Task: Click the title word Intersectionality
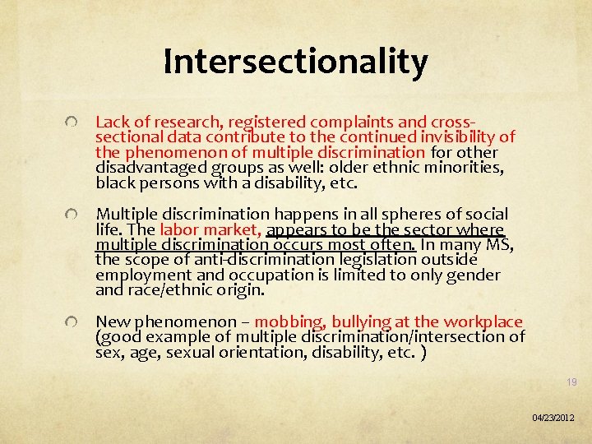295,62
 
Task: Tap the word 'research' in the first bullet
167,122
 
